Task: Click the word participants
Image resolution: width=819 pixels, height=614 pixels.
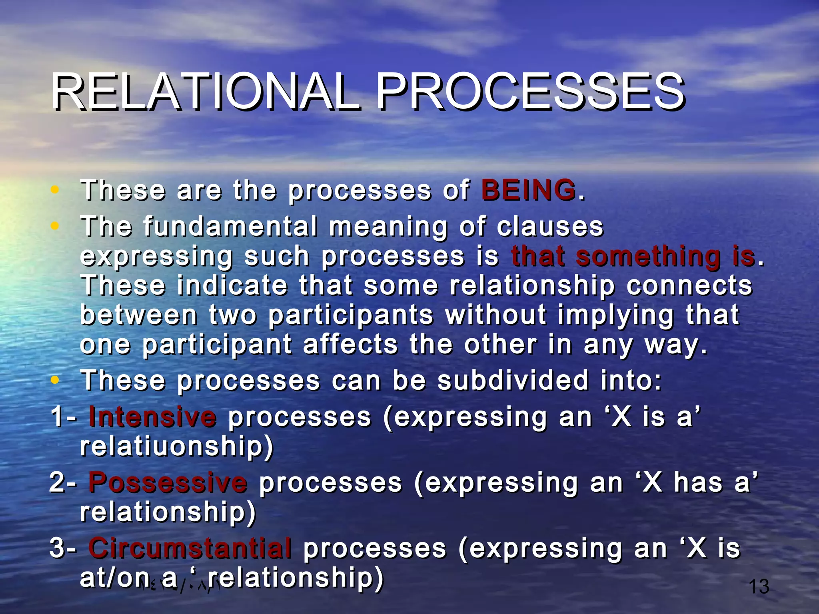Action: click(x=351, y=315)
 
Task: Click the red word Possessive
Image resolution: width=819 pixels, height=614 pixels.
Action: click(x=168, y=482)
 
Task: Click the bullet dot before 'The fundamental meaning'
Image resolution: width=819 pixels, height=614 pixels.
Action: click(x=55, y=226)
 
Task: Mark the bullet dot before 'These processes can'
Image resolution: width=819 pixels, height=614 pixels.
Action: click(x=55, y=380)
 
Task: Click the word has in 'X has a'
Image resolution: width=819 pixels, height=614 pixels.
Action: click(x=698, y=482)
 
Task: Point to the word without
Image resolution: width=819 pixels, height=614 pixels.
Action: click(x=495, y=315)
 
